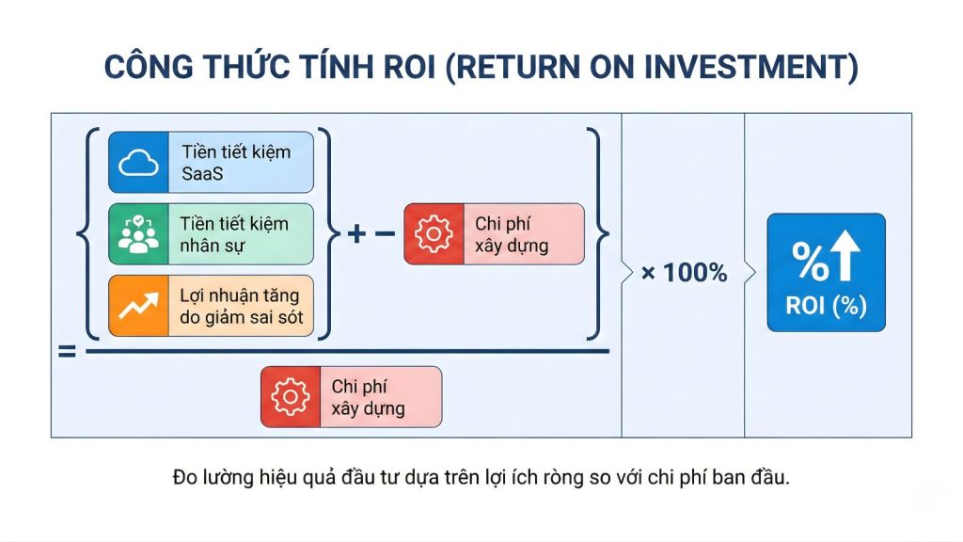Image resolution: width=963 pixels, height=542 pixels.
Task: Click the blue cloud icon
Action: click(x=138, y=163)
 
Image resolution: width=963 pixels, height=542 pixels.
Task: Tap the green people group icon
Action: click(x=138, y=234)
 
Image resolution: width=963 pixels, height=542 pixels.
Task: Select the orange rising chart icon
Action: click(x=138, y=306)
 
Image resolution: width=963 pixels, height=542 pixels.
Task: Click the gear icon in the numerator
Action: click(x=434, y=234)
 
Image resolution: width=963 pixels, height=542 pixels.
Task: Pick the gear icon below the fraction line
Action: click(x=290, y=397)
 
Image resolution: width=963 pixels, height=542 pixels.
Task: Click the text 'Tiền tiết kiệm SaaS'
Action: click(x=235, y=163)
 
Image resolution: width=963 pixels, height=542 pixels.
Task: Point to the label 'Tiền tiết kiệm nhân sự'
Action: click(x=234, y=234)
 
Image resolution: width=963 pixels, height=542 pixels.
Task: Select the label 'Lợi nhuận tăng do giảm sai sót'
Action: click(x=241, y=306)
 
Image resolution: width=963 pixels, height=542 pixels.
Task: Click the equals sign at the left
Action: click(x=67, y=353)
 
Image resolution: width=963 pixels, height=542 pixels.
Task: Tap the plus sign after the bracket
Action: click(x=355, y=234)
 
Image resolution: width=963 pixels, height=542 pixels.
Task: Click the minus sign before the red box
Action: click(x=386, y=234)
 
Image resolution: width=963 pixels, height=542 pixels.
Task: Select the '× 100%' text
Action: click(x=684, y=273)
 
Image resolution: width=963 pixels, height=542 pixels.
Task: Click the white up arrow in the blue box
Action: click(x=845, y=259)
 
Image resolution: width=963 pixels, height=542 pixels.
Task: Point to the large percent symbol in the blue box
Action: click(x=809, y=261)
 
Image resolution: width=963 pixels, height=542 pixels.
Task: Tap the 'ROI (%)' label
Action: click(x=827, y=306)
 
